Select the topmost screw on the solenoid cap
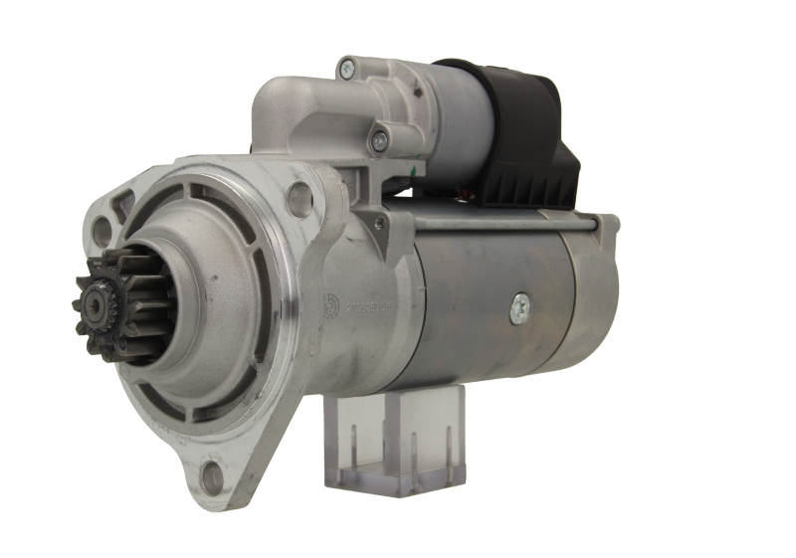click(x=346, y=69)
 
